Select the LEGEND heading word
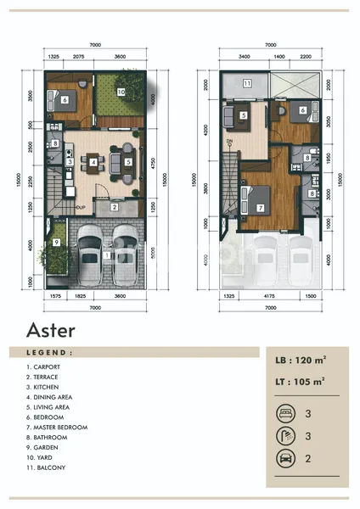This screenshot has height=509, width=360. click(49, 352)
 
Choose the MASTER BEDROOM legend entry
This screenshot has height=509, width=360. click(57, 428)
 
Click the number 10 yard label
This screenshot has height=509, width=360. click(121, 91)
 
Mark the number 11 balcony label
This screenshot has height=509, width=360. click(246, 83)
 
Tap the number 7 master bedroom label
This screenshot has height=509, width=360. click(260, 206)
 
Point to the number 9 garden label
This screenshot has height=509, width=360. click(55, 243)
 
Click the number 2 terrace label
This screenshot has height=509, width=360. click(114, 207)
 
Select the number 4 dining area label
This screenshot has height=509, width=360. click(93, 162)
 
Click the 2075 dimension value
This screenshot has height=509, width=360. click(78, 56)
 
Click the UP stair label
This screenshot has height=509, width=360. click(80, 207)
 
